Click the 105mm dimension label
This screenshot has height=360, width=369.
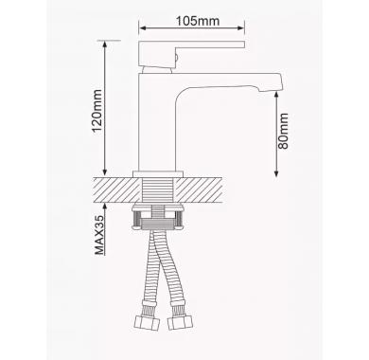(x=198, y=21)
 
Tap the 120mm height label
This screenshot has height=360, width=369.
(x=97, y=111)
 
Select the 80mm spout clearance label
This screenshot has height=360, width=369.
(x=283, y=131)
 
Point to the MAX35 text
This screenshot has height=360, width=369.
(x=99, y=235)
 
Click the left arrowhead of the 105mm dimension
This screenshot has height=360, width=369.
(x=142, y=28)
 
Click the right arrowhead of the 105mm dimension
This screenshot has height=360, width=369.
(x=241, y=28)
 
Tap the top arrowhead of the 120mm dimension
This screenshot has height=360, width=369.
(x=105, y=45)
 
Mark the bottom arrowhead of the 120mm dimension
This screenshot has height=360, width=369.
(x=105, y=172)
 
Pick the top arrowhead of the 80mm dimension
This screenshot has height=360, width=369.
(x=276, y=95)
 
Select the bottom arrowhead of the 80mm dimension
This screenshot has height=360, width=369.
(x=276, y=173)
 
